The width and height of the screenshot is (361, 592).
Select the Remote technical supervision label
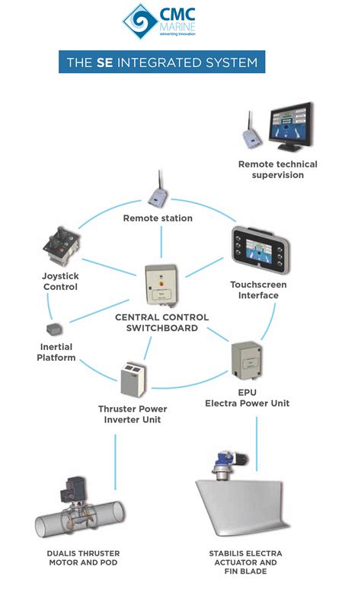click(x=277, y=170)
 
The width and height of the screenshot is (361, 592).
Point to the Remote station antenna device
click(x=158, y=194)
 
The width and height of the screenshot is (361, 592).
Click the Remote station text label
click(x=158, y=218)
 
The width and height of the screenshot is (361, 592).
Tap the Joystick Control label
click(x=59, y=282)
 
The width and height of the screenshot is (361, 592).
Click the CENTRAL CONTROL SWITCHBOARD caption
click(x=161, y=322)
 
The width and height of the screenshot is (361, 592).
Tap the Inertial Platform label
click(x=56, y=352)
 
